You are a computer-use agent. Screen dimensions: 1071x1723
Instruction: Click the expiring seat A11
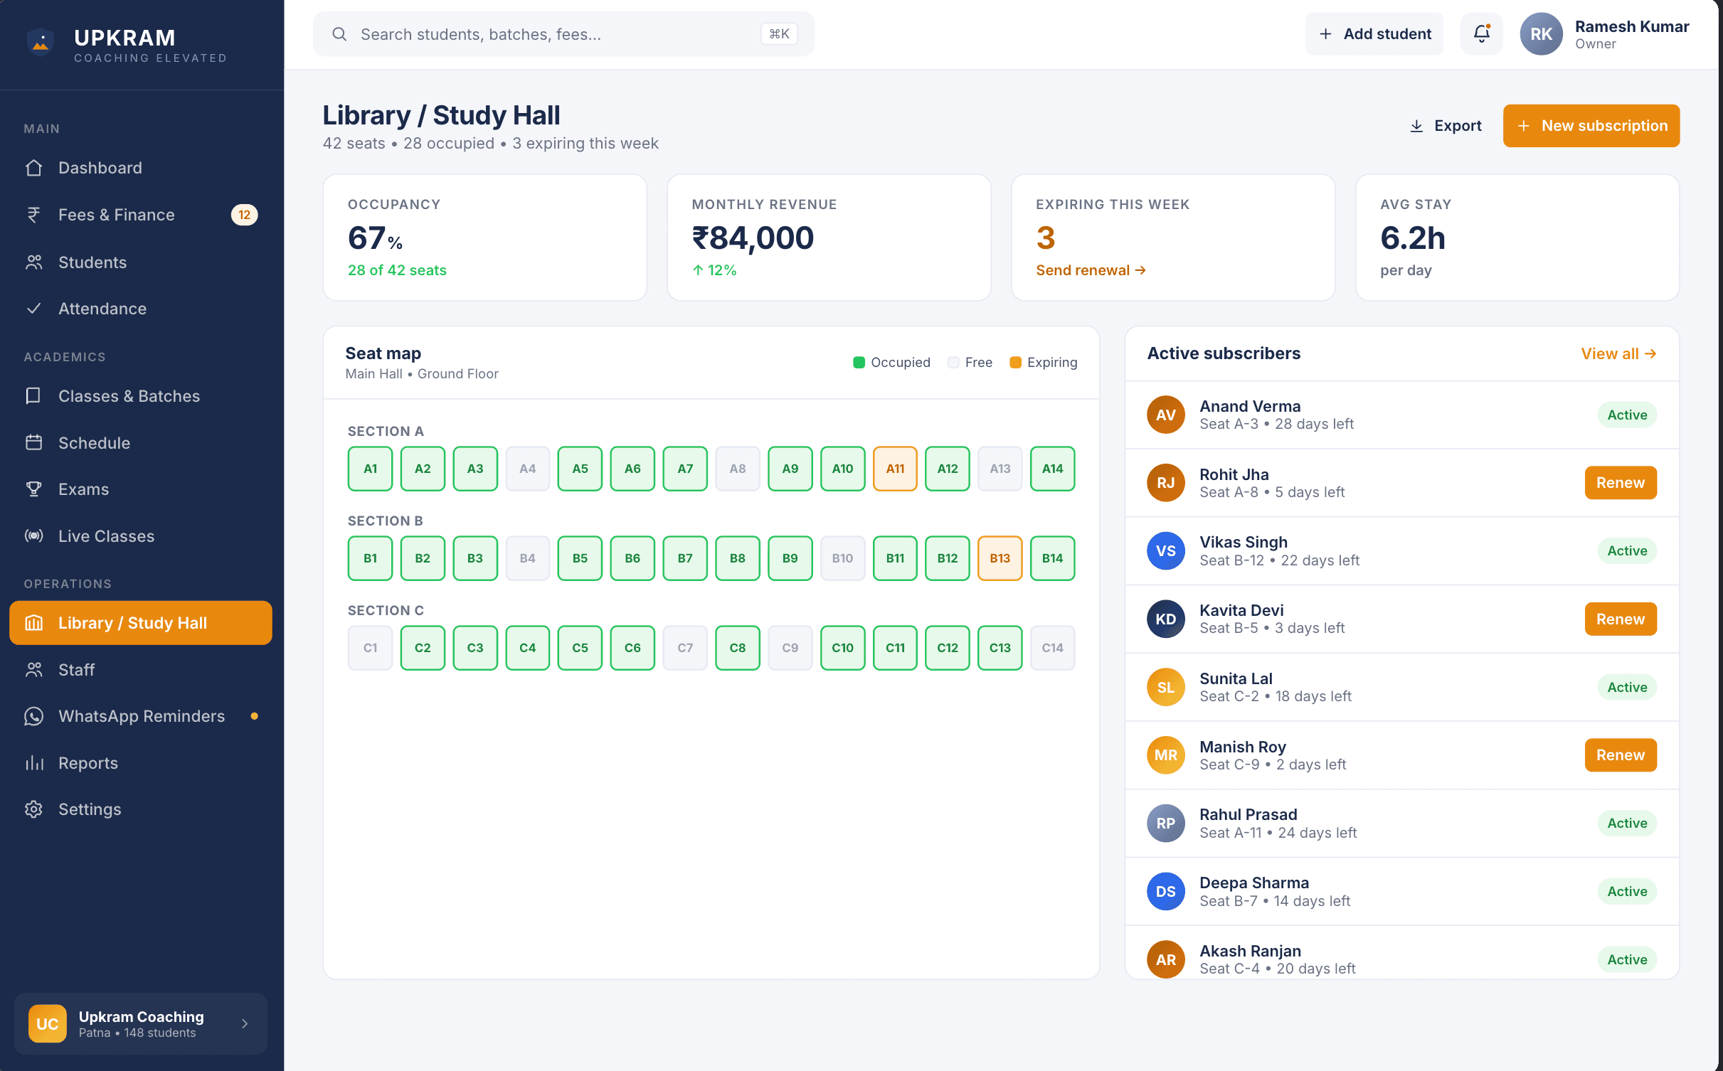[894, 469]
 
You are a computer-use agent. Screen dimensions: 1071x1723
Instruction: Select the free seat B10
[842, 558]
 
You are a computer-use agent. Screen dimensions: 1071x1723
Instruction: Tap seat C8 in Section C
[737, 648]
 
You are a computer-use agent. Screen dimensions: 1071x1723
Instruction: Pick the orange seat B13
[1000, 558]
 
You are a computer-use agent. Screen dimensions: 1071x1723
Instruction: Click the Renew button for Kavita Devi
[1620, 619]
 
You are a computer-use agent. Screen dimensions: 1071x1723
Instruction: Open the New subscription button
[1591, 126]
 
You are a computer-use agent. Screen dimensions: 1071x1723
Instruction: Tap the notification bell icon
[1481, 33]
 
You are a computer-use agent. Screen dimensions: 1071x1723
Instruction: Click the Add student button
[1374, 33]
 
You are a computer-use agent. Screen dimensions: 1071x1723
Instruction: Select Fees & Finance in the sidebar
[117, 215]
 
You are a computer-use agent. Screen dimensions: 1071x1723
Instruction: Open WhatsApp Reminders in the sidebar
[141, 716]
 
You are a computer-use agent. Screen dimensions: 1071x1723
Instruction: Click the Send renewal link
[1090, 270]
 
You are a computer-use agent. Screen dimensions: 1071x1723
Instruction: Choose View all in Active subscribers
[1618, 353]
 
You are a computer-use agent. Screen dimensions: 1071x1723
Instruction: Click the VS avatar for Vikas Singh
[1165, 551]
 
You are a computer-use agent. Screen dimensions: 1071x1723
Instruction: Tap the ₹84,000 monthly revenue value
[752, 238]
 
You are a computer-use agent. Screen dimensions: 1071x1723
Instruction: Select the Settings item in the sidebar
[90, 809]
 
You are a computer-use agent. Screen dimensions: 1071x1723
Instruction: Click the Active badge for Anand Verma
[1626, 415]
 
